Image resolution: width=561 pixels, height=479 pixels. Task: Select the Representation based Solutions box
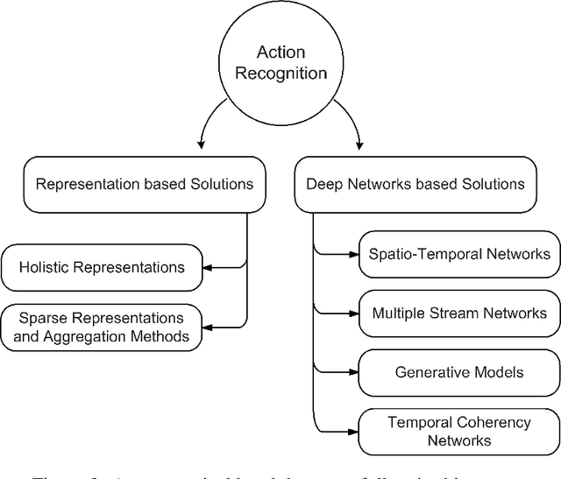145,184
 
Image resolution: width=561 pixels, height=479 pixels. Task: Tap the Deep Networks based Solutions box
415,184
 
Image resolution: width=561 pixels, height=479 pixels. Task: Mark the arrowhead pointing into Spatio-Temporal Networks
353,255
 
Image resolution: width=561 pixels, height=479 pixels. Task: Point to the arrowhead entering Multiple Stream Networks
353,313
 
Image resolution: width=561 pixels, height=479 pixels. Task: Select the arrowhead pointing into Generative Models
353,372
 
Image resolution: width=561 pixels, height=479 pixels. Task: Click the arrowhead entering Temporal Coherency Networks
353,431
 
